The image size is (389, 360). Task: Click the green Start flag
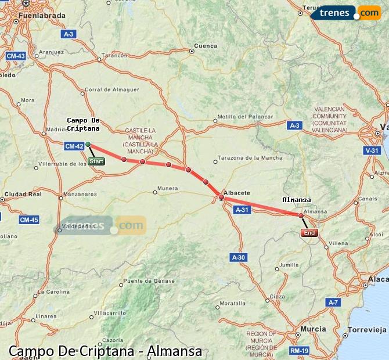[x=96, y=161]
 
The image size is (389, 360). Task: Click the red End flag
[x=309, y=233]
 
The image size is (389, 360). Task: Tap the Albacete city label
[x=237, y=192]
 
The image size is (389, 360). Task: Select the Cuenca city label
[x=206, y=46]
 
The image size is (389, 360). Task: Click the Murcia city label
[x=313, y=329]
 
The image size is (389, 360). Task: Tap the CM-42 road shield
[x=74, y=146]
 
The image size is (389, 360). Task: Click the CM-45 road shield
[x=28, y=219]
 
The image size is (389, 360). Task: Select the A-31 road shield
[x=243, y=210]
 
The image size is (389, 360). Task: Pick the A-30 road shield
[x=239, y=257]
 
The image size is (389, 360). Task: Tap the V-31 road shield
[x=372, y=150]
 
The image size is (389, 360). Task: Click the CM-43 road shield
[x=16, y=56]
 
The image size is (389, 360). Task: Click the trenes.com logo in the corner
[x=345, y=12]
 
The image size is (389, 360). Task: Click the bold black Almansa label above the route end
[x=296, y=200]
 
